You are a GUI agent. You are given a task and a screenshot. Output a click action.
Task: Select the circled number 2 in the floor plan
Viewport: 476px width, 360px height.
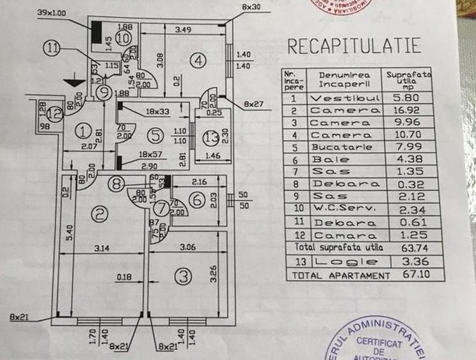[x=99, y=215]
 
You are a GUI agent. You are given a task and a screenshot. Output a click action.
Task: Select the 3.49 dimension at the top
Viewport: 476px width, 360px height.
[x=184, y=29]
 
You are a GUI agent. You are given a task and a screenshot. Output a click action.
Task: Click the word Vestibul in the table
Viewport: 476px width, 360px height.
[x=344, y=98]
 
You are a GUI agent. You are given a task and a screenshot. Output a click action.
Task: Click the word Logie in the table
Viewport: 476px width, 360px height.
[x=344, y=262]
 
